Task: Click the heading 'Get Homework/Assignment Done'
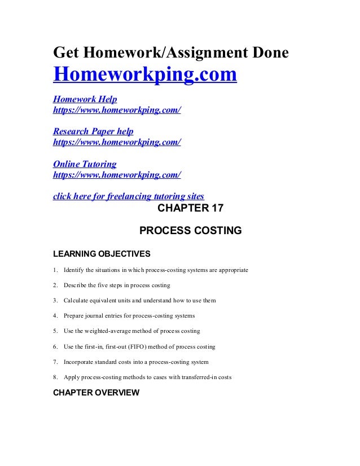(170, 52)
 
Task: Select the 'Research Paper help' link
(93, 131)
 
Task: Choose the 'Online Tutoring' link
(85, 164)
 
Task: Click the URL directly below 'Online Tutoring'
(117, 174)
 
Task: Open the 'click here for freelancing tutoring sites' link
(128, 196)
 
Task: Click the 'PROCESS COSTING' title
(190, 230)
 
